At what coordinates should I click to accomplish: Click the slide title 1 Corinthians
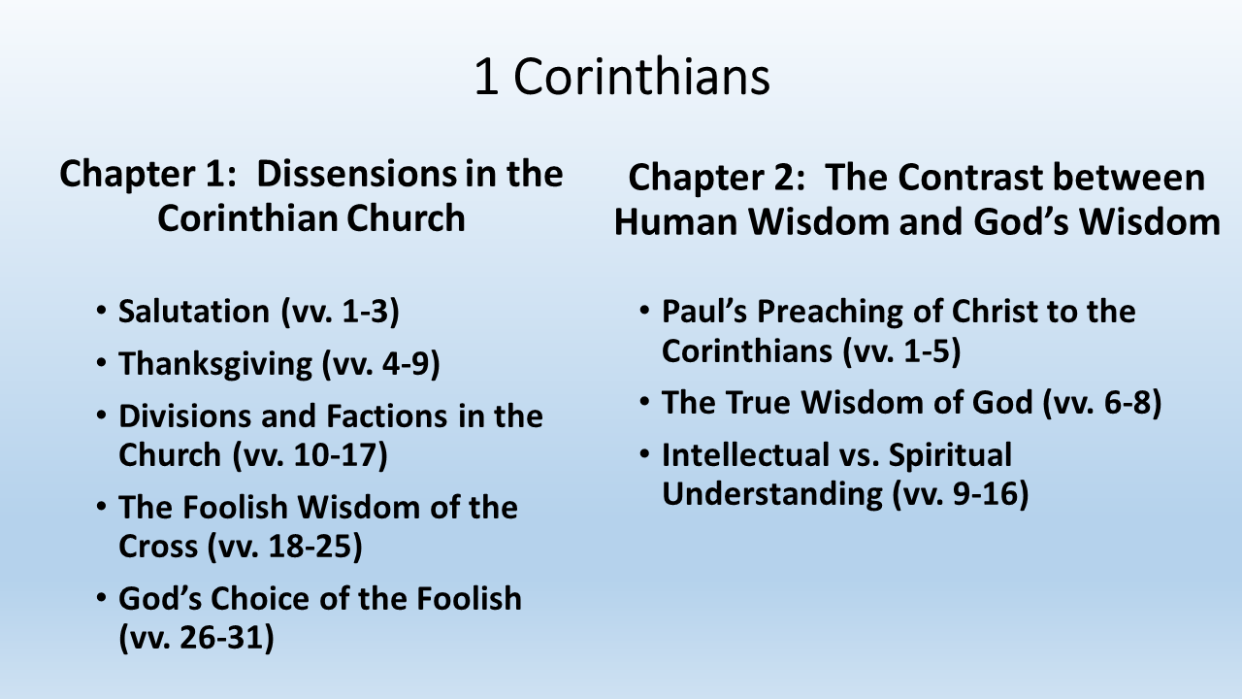pos(622,77)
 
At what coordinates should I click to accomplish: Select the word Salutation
pos(193,311)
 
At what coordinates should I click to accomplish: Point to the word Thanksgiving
pos(215,364)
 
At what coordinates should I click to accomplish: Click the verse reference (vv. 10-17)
pos(310,455)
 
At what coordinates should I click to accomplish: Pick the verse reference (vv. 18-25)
pos(284,547)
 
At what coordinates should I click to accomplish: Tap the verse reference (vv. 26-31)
pos(196,638)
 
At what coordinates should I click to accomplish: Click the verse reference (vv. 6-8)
pos(1101,402)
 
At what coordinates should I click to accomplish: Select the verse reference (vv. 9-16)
pos(961,493)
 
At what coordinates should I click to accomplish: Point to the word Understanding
pos(772,494)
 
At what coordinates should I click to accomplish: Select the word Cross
pos(158,547)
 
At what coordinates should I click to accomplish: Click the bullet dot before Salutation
pos(101,311)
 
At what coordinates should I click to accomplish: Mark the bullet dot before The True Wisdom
pos(644,401)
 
